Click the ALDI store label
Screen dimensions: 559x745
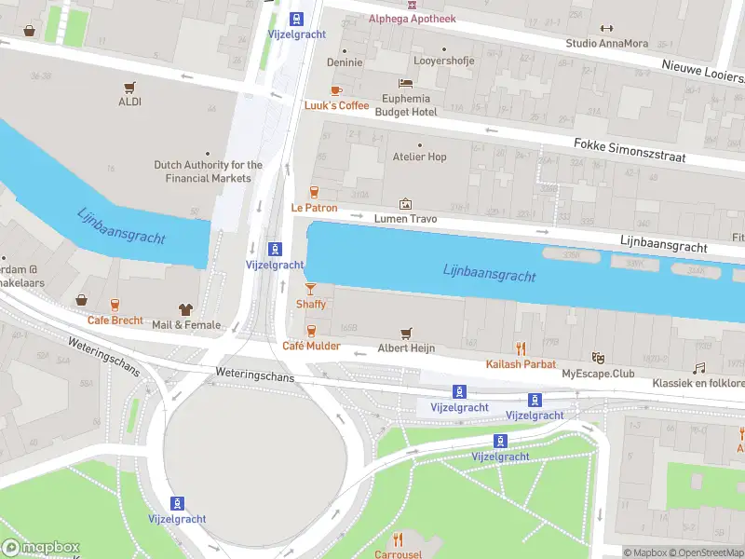click(129, 102)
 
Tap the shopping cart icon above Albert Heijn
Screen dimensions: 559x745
click(406, 333)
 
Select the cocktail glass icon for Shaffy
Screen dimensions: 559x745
click(311, 289)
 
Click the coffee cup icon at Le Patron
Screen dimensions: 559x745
click(314, 192)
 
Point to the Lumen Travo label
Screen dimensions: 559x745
click(406, 219)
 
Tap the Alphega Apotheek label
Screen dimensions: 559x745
click(412, 19)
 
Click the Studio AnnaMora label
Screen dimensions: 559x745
click(607, 43)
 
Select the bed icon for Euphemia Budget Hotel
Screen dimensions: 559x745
click(406, 84)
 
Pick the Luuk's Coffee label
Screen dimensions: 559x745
click(337, 105)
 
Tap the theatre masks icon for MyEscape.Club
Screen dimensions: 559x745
click(598, 358)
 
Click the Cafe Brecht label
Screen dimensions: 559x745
click(115, 320)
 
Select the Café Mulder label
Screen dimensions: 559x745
click(311, 347)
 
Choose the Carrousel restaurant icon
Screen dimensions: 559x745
click(399, 539)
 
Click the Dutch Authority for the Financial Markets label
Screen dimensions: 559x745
click(209, 171)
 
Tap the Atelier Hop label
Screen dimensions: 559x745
click(419, 157)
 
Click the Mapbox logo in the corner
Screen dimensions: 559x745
click(41, 548)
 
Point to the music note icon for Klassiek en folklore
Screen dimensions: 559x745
click(698, 368)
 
